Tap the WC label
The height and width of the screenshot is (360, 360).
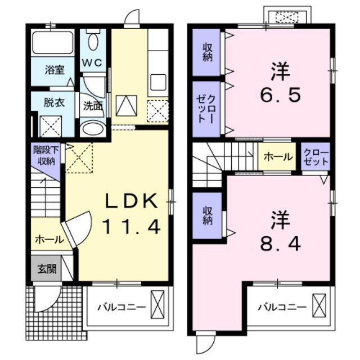click(93, 63)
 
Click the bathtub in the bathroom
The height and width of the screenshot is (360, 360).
click(52, 43)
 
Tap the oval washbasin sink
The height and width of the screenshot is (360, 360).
click(92, 129)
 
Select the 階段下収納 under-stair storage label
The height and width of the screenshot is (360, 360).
click(43, 156)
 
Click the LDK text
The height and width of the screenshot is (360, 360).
click(130, 200)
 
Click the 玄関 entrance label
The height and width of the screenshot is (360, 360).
click(47, 269)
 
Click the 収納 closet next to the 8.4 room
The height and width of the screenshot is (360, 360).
click(208, 214)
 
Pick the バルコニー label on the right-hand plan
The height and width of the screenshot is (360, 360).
click(282, 307)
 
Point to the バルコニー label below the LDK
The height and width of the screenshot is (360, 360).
click(121, 307)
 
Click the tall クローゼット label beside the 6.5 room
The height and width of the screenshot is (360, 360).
click(208, 108)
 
